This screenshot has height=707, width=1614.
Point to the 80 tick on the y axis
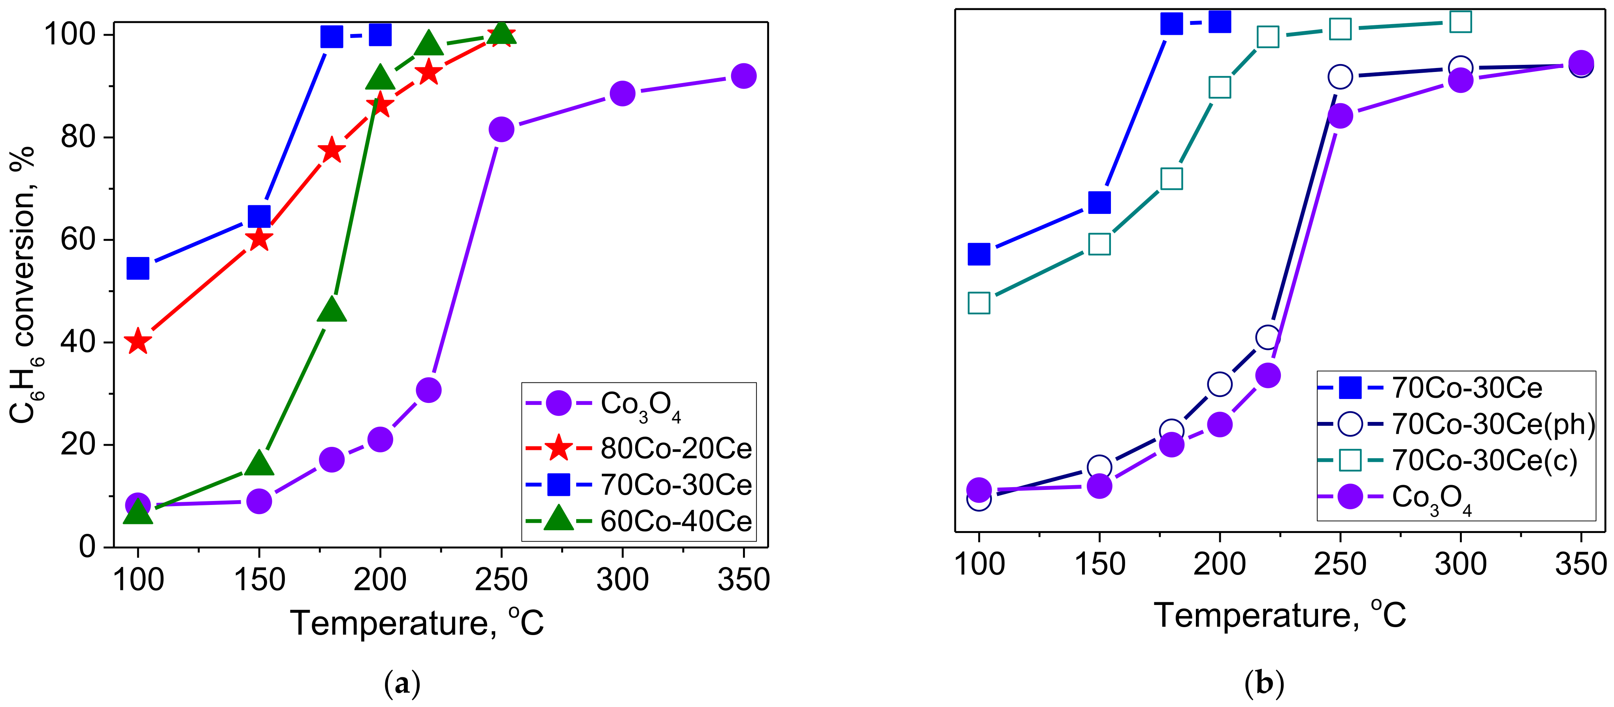coord(78,137)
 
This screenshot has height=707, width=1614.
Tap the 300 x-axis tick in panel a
coord(622,580)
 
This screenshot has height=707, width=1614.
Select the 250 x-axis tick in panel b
coord(1340,564)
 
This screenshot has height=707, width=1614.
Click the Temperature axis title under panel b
coord(1280,616)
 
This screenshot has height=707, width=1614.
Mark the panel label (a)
coord(402,684)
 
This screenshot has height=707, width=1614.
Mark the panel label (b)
coord(1264,684)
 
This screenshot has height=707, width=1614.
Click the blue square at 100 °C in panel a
coord(138,268)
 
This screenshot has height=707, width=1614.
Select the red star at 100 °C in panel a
coord(138,342)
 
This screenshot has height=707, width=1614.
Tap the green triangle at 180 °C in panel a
coord(332,310)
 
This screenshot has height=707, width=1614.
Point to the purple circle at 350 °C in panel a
coord(743,76)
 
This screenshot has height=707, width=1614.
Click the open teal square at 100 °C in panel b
coord(979,303)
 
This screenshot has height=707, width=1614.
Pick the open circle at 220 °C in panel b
coord(1267,338)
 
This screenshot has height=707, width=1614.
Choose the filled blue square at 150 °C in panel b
coord(1099,202)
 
